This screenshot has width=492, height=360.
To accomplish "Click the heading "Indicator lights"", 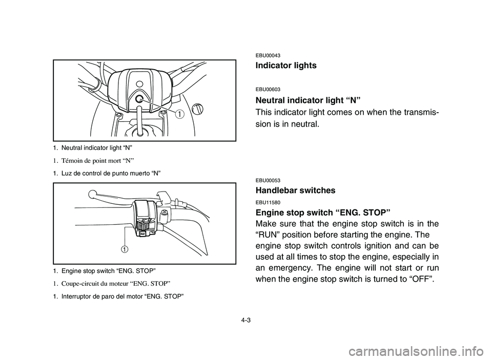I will click(285, 66).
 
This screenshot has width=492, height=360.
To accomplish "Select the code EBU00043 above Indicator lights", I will click(267, 55).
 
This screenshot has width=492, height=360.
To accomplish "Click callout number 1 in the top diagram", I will click(179, 114).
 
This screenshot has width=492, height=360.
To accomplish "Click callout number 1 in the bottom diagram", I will click(124, 249).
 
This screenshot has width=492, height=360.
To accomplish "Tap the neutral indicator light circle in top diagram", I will click(139, 101).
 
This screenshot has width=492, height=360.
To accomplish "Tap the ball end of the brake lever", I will click(92, 194).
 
